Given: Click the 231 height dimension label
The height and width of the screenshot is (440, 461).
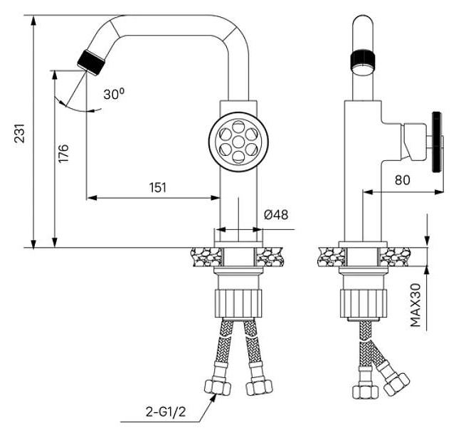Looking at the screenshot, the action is point(20,133).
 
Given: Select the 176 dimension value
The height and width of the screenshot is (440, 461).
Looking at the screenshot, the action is point(63,153).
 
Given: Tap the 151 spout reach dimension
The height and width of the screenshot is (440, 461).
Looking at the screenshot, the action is point(158,187).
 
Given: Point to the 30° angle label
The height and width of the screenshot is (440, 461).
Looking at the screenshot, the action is point(114,94).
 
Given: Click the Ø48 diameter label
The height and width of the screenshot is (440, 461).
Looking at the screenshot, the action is point(276,214).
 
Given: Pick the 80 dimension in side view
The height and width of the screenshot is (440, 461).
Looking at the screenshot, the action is point(402,180).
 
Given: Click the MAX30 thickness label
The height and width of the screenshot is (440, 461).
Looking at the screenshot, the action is point(415,305).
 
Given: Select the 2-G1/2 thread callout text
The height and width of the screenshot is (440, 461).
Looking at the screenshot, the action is point(166,412).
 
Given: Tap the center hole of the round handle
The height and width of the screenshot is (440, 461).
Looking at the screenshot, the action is point(238,142).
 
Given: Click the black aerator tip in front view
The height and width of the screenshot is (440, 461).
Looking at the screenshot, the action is point(91,63).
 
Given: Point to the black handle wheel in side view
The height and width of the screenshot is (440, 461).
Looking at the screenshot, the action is point(438,142).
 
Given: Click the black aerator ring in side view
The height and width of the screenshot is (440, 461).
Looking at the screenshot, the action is point(363,61).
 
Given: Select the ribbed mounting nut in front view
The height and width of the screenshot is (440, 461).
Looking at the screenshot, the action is point(238,303).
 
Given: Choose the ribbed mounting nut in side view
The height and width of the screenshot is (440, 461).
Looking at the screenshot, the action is point(364,303).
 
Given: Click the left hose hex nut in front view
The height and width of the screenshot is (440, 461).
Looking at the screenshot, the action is point(218,387).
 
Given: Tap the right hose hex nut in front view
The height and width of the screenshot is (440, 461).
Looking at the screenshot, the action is point(260,387).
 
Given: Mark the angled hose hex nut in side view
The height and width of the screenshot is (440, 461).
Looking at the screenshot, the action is point(396,384).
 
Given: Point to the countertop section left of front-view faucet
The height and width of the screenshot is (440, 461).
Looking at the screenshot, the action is point(206,256).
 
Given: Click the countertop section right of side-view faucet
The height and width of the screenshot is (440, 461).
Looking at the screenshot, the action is point(396,256).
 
